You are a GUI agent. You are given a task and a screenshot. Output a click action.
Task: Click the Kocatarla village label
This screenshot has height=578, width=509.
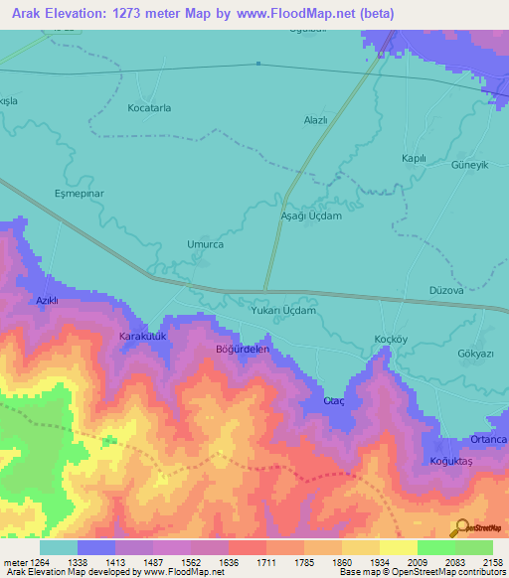pyautogui.click(x=149, y=107)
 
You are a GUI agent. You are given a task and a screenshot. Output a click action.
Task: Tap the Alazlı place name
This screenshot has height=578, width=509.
pyautogui.click(x=315, y=119)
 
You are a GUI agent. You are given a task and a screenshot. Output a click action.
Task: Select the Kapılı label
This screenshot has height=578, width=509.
pyautogui.click(x=413, y=159)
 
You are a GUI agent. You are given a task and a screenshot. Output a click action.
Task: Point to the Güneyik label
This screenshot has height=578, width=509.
pyautogui.click(x=470, y=165)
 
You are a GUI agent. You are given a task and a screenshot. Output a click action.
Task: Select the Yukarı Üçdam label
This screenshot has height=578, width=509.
pyautogui.click(x=284, y=311)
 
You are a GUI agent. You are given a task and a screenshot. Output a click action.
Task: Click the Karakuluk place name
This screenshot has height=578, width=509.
pyautogui.click(x=141, y=337)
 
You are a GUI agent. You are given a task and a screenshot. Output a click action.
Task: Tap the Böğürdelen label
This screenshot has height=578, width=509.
pyautogui.click(x=243, y=350)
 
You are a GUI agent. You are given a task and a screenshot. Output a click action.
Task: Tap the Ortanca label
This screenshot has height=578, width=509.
pyautogui.click(x=489, y=440)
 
